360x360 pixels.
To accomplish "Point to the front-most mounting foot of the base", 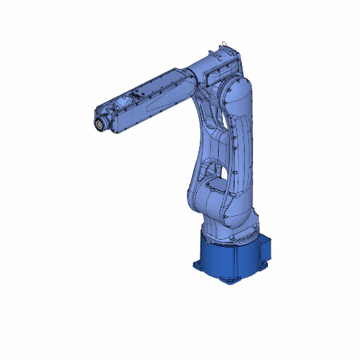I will [x=229, y=279].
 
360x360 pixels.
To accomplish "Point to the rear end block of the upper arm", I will [x=224, y=59].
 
